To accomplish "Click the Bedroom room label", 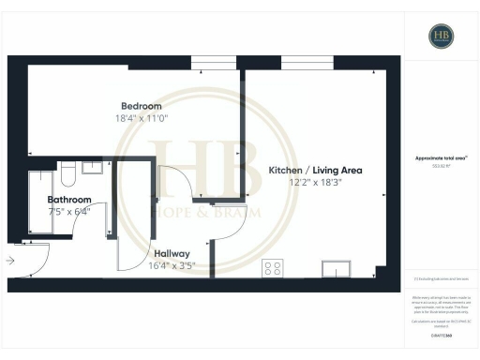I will click(x=141, y=106).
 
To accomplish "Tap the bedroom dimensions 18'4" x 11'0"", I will click(x=141, y=118).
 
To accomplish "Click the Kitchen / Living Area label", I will click(x=315, y=170).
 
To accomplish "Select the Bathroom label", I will click(x=69, y=200).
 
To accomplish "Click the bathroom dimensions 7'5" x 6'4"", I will click(x=69, y=211).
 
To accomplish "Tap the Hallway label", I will click(x=172, y=253).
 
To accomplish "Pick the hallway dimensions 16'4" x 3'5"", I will click(x=172, y=265).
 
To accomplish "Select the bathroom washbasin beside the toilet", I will click(x=94, y=167).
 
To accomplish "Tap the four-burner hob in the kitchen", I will click(x=273, y=269).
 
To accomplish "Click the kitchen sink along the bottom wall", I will click(x=335, y=270).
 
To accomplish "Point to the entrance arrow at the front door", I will click(x=9, y=262).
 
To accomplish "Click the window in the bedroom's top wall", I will click(x=213, y=63).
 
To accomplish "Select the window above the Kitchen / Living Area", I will click(x=300, y=63).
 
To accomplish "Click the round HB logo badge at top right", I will click(x=442, y=36).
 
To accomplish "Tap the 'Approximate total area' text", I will click(x=441, y=158).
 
